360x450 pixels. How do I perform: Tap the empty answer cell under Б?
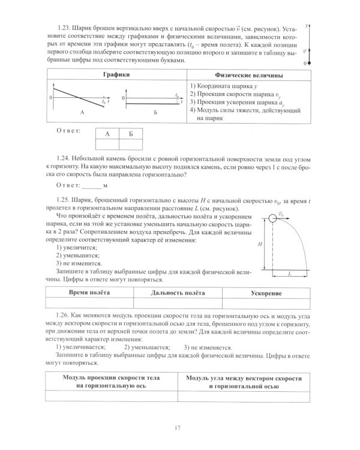(131, 145)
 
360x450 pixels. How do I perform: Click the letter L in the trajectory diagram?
(289, 273)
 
